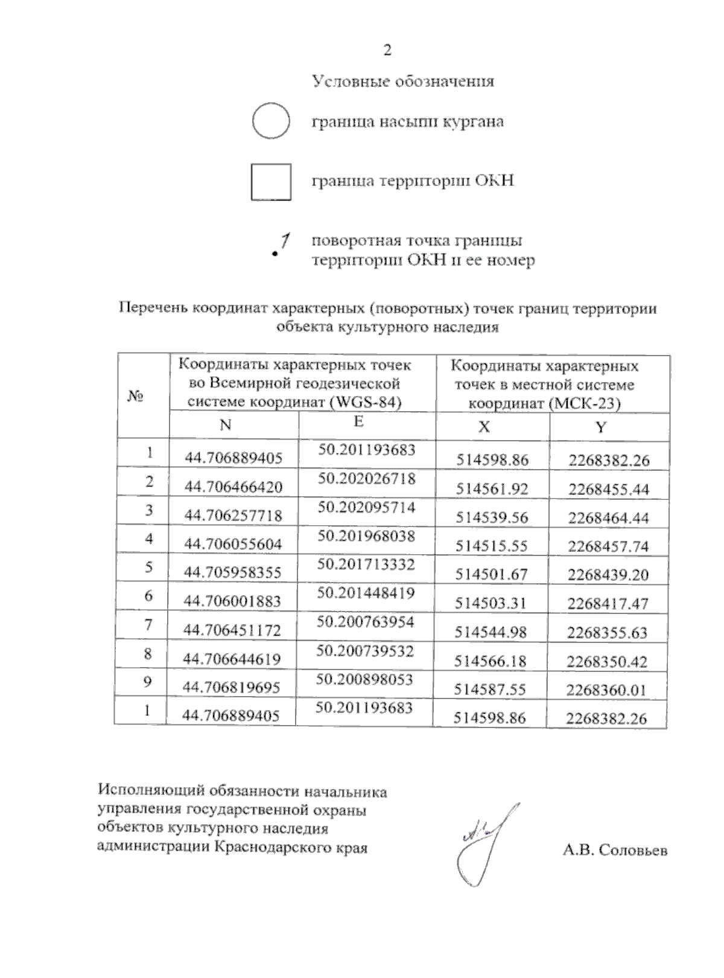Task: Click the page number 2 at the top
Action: coord(387,50)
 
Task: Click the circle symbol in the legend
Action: coord(271,121)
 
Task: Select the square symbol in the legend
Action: coord(271,182)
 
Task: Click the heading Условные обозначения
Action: coord(403,81)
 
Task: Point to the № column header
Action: coord(136,396)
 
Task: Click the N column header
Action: coord(226,425)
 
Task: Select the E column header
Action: coord(358,421)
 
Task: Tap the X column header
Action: coord(484,427)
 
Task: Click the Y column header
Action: coord(600,427)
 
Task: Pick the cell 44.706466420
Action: coord(233,487)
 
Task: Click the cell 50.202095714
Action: coord(367,508)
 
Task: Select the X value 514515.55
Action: coord(492,546)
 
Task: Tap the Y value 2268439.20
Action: coord(608,575)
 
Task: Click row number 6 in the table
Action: coord(148,596)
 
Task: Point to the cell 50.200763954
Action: coord(366,622)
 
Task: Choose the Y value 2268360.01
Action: coord(607,689)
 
